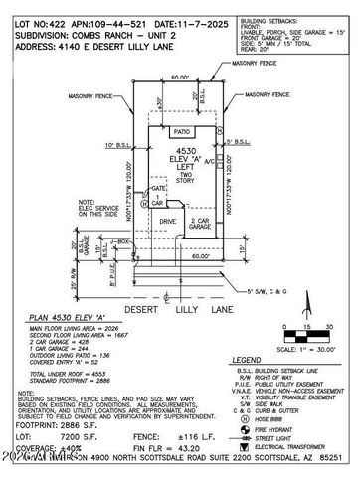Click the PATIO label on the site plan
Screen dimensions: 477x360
[x=181, y=130]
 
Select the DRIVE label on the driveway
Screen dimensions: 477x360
[x=167, y=222]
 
